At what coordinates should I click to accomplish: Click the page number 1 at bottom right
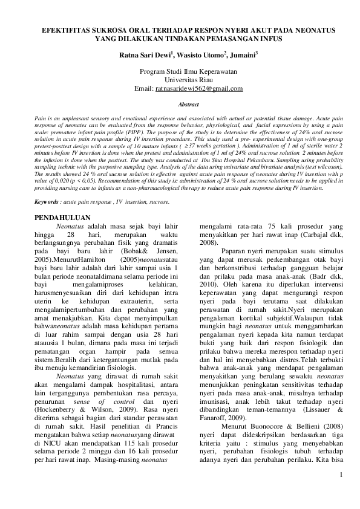click(341, 490)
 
